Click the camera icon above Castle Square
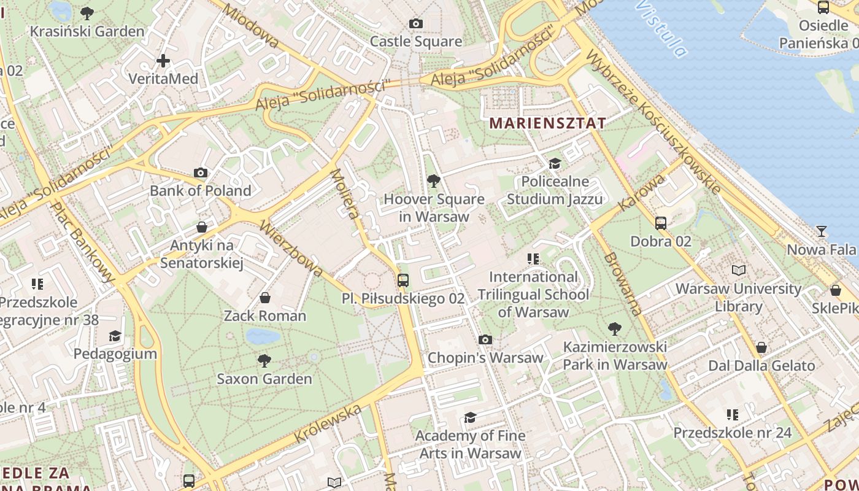click(416, 24)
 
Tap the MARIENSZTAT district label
click(547, 123)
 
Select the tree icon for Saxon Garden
click(264, 360)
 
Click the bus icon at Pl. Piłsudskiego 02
click(403, 280)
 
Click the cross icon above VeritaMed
click(163, 61)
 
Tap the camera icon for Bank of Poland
click(201, 173)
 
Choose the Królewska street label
click(328, 423)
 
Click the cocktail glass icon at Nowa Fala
click(822, 231)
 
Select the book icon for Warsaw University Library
click(739, 270)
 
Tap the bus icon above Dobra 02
click(661, 223)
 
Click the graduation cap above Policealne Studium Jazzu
click(555, 163)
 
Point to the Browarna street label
click(622, 284)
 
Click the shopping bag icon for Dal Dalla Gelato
click(761, 347)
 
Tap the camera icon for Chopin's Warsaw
click(485, 339)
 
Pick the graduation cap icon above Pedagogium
click(115, 336)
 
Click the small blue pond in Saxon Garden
click(263, 336)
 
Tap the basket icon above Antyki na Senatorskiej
click(202, 228)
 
